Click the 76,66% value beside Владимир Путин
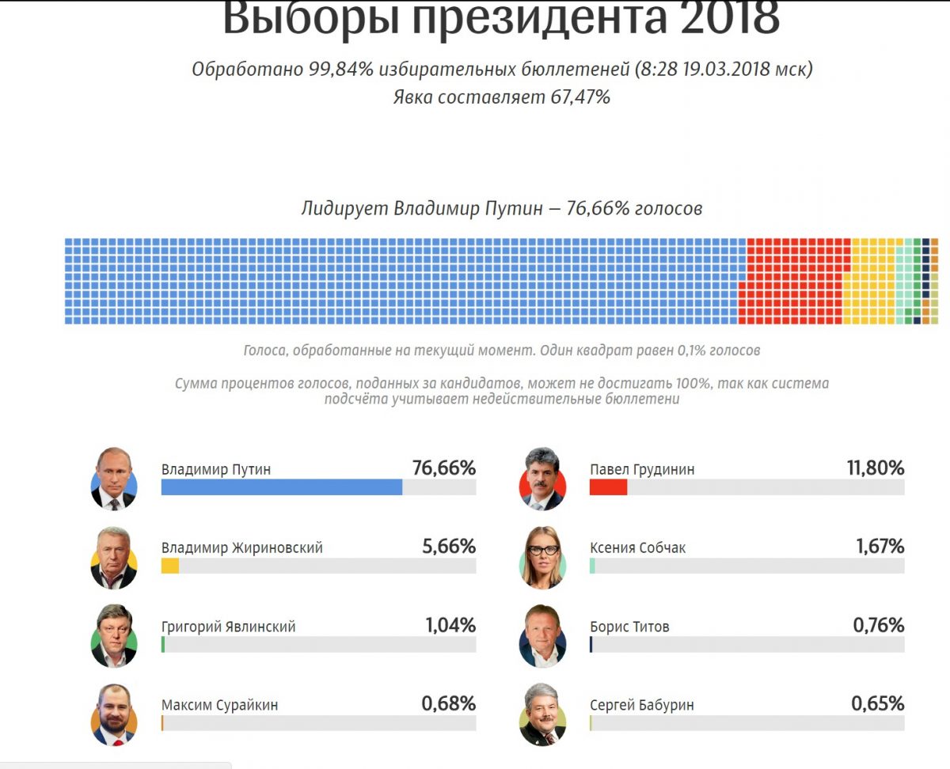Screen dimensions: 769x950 [x=443, y=468]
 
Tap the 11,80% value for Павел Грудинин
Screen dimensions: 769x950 [x=875, y=468]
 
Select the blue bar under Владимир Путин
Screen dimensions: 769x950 [x=281, y=487]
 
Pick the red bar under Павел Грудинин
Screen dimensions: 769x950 [x=608, y=487]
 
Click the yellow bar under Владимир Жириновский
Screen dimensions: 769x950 [x=169, y=566]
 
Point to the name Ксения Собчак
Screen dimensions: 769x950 [x=637, y=547]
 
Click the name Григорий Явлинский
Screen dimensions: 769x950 [x=228, y=627]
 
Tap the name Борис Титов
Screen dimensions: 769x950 [x=629, y=627]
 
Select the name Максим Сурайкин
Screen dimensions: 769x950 [x=219, y=705]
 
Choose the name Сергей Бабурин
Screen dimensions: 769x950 [x=641, y=705]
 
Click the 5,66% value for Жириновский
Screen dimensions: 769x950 [x=450, y=547]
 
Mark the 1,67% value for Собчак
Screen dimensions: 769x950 [x=879, y=547]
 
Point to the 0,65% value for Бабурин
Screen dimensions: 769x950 [x=877, y=703]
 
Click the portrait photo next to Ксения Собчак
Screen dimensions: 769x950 [x=542, y=557]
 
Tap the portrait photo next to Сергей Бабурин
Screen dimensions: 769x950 [x=542, y=714]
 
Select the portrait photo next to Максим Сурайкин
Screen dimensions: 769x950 [x=114, y=714]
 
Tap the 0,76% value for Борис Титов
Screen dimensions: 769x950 [x=877, y=625]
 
